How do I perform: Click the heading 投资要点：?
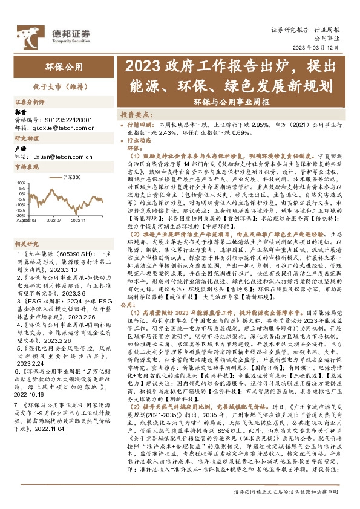point(134,114)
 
